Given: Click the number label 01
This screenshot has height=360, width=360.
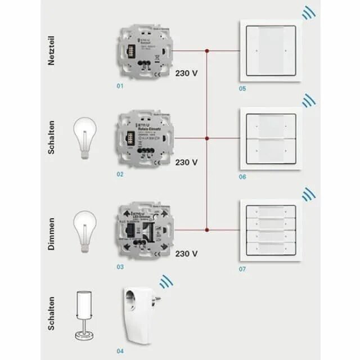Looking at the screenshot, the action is click(x=120, y=87).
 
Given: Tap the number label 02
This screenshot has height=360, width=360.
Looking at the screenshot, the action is click(x=120, y=174).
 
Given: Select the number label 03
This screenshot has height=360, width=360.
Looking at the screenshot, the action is click(x=120, y=267).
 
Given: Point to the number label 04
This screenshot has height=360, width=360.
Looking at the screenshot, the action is click(x=120, y=352).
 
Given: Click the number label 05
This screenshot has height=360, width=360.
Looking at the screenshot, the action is click(x=242, y=88).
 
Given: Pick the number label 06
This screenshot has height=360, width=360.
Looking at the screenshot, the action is click(x=242, y=177).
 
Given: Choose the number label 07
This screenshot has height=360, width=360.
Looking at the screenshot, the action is click(x=242, y=269).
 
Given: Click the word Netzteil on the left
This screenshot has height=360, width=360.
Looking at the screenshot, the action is click(x=52, y=52).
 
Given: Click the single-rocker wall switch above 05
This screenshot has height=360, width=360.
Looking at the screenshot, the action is click(x=271, y=51).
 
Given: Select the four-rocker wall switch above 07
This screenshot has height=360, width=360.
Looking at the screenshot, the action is click(x=271, y=229).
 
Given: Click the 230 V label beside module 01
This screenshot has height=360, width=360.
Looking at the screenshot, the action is click(x=186, y=73).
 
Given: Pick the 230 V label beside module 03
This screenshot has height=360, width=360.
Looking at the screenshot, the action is click(x=186, y=253).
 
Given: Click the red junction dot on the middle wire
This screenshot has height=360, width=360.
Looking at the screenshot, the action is click(x=208, y=138).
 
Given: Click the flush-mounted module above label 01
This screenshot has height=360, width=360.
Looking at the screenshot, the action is click(x=143, y=51).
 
